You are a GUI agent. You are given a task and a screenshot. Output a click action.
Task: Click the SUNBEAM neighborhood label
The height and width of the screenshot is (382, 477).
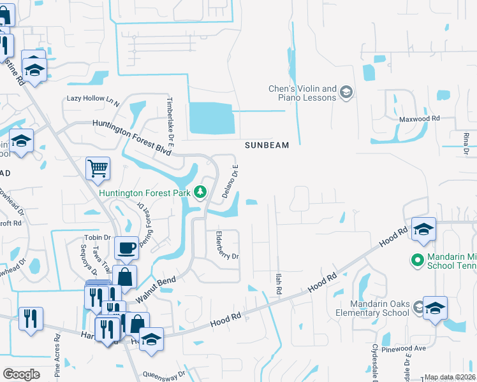pyautogui.click(x=267, y=145)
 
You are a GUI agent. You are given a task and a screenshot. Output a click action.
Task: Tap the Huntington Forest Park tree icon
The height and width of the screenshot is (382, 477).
pyautogui.click(x=200, y=192)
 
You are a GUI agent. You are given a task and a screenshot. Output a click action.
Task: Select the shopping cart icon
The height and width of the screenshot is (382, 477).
pyautogui.click(x=98, y=169)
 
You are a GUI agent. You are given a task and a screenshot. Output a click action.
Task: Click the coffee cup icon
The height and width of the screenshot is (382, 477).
pyautogui.click(x=128, y=247)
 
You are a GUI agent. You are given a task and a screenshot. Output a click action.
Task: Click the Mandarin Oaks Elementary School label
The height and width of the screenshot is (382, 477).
pyautogui.click(x=373, y=308)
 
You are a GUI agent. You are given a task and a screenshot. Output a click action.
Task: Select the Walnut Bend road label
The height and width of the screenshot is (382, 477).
pyautogui.click(x=156, y=289)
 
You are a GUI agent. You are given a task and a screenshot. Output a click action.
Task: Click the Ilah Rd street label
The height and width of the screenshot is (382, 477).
pyautogui.click(x=278, y=283)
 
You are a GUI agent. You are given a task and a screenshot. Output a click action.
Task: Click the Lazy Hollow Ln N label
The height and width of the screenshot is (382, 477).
pyautogui.click(x=93, y=100)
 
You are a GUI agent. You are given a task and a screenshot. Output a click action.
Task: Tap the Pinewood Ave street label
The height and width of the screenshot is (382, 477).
pyautogui.click(x=409, y=349)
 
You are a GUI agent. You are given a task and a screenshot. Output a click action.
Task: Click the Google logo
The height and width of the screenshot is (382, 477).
pyautogui.click(x=22, y=374)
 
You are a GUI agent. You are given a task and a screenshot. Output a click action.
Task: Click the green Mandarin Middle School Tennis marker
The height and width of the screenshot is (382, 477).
pyautogui.click(x=417, y=260)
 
